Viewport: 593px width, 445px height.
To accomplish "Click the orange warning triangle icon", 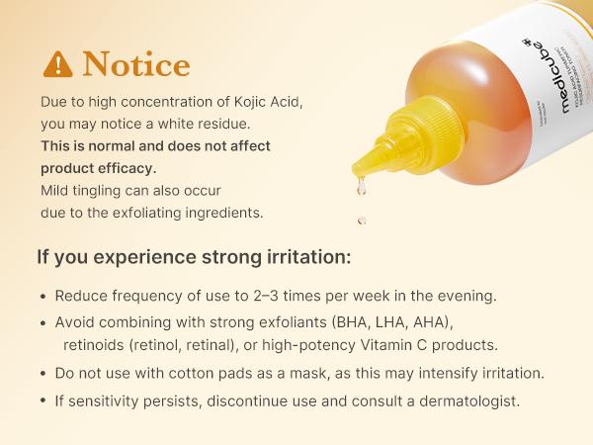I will pyautogui.click(x=58, y=64).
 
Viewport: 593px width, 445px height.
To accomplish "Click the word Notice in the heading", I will pyautogui.click(x=136, y=64).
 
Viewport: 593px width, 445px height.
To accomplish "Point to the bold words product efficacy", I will pyautogui.click(x=99, y=167).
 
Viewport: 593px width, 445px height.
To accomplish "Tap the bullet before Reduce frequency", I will pyautogui.click(x=42, y=297).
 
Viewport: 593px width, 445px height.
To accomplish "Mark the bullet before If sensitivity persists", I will pyautogui.click(x=42, y=402).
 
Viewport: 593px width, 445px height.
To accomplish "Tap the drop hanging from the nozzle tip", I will pyautogui.click(x=363, y=184).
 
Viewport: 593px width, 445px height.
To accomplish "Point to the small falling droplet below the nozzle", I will pyautogui.click(x=362, y=220).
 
